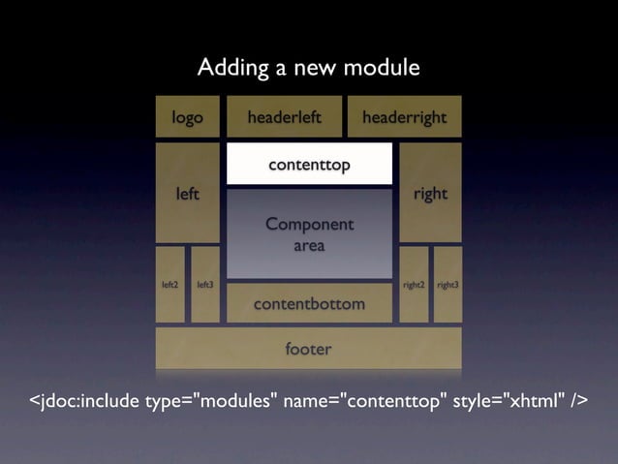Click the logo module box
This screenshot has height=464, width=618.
coord(188,117)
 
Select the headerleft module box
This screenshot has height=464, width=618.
coord(284,117)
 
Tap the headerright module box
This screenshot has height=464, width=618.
coord(404,117)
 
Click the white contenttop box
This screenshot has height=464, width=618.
coord(309,165)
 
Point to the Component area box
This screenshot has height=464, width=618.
coord(309,234)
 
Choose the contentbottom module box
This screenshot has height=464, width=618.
coord(309,304)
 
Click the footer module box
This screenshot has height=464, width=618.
coord(308,349)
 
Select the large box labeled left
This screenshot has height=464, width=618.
coord(188,193)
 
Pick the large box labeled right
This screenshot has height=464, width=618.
coord(430,193)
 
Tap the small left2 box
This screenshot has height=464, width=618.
coord(170,285)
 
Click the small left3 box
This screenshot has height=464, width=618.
coord(205,285)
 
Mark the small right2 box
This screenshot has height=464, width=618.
coord(414,285)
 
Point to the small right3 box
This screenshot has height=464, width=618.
coord(448,285)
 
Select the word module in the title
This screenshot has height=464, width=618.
coord(382,69)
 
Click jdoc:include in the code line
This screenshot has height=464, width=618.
coord(87,402)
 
